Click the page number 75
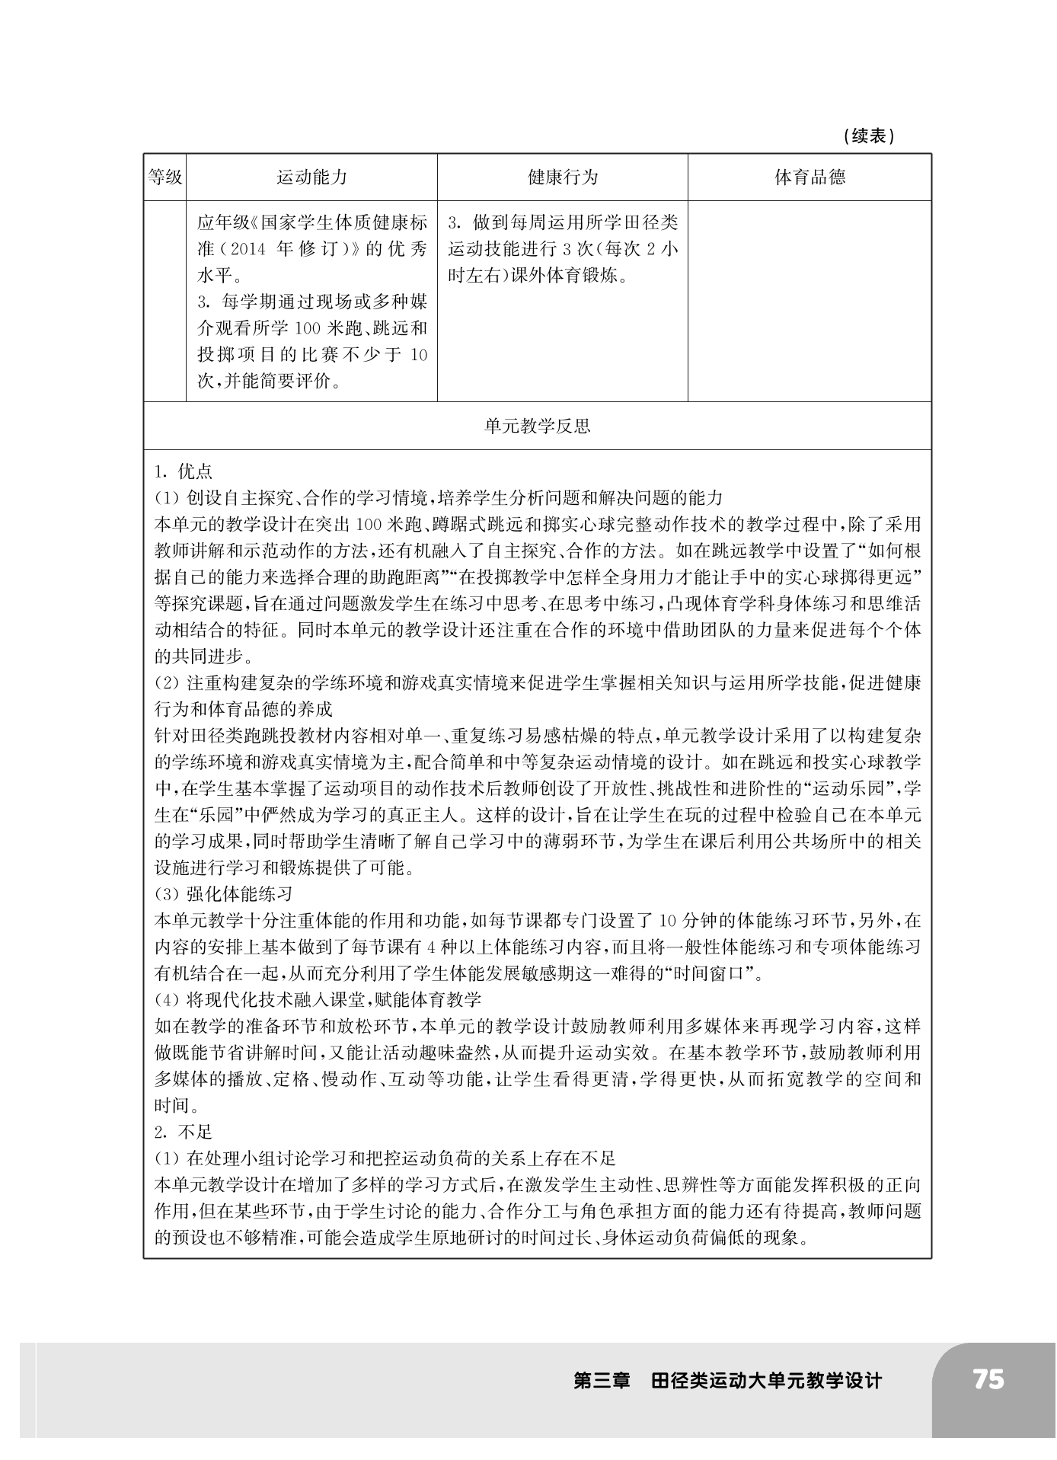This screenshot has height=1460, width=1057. click(x=988, y=1379)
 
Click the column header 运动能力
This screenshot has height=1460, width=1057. click(x=311, y=177)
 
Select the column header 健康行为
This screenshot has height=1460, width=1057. click(x=563, y=177)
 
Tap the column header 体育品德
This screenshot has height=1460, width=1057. click(x=810, y=177)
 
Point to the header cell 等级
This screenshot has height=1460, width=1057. click(x=164, y=177)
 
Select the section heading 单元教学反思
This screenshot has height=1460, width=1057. click(x=537, y=426)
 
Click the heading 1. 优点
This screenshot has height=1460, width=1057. click(x=184, y=471)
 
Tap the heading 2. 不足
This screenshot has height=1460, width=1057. click(x=184, y=1132)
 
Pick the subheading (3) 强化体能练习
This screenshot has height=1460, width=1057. click(x=224, y=893)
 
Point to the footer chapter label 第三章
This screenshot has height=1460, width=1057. click(x=602, y=1381)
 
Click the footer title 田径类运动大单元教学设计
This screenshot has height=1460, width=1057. click(x=766, y=1381)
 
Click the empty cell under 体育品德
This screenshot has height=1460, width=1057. click(x=810, y=301)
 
